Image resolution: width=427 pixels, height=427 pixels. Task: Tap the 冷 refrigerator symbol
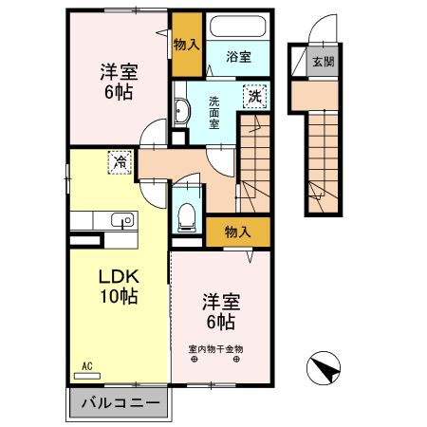pyautogui.click(x=120, y=163)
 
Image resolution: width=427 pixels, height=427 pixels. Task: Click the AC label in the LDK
pyautogui.click(x=85, y=365)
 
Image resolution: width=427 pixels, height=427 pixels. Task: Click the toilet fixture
pyautogui.click(x=186, y=211)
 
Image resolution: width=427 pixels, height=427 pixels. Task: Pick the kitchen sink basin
pyautogui.click(x=121, y=221)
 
